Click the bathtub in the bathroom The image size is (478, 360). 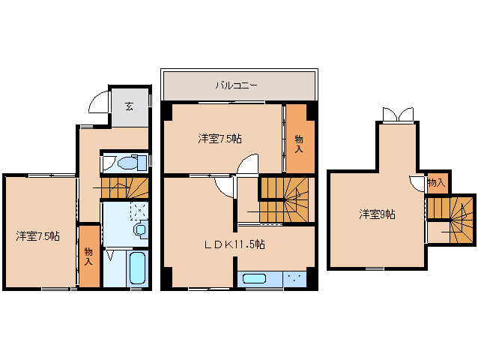coord(137,268)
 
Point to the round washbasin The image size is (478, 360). coord(139,229)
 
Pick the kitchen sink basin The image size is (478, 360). coord(255,280)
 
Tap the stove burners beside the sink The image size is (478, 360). coord(294,280)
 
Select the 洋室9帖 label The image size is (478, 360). coord(377,214)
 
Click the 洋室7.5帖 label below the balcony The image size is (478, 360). coord(220,138)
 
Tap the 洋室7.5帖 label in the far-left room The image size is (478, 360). coord(38,235)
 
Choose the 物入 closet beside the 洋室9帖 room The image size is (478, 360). coord(436,182)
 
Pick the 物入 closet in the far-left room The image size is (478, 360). coord(88,256)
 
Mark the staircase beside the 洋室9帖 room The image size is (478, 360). coord(453,219)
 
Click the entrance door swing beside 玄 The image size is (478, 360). coord(98,103)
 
